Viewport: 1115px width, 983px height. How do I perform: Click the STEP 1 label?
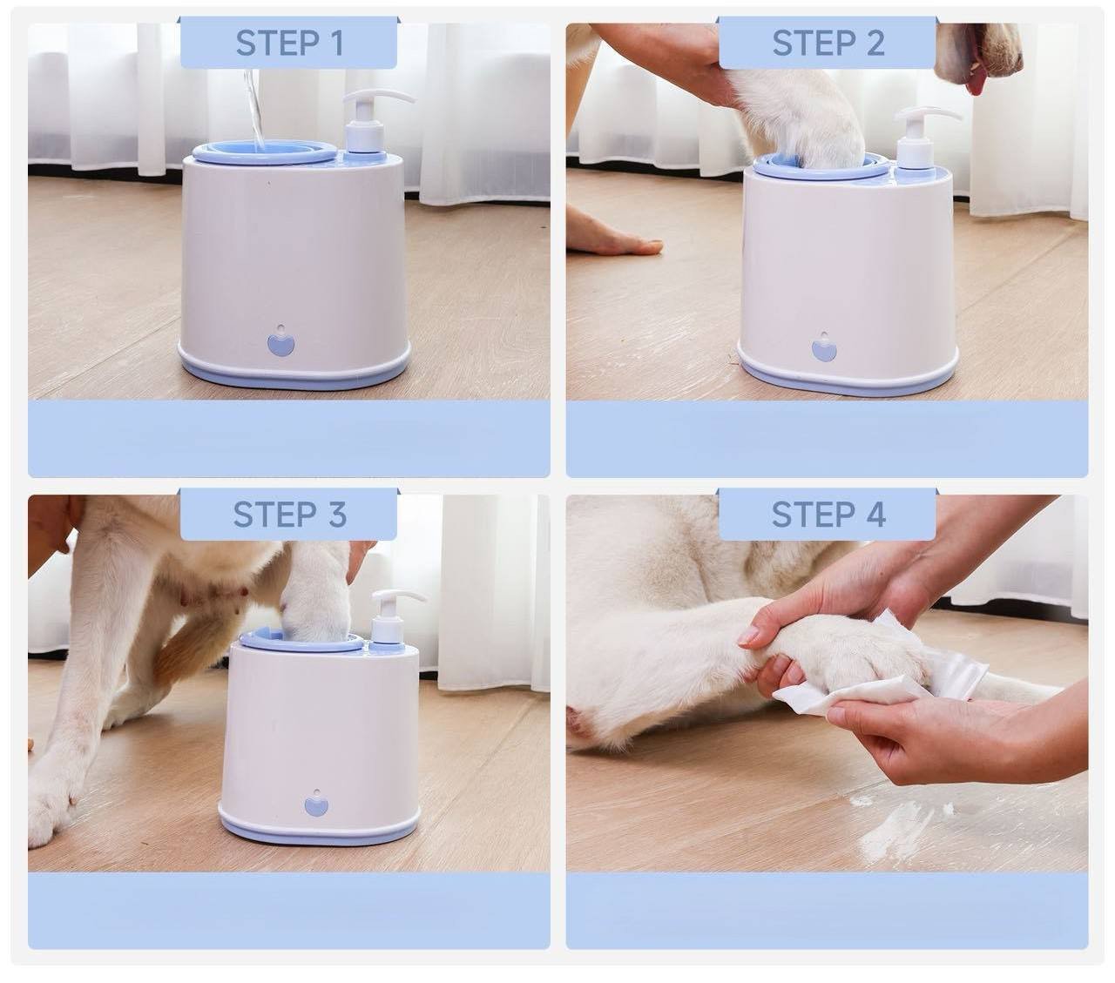tap(289, 43)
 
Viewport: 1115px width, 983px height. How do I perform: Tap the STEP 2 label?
tap(828, 43)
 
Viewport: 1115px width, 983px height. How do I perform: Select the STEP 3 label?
tap(289, 515)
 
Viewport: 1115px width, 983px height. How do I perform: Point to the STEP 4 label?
tap(828, 515)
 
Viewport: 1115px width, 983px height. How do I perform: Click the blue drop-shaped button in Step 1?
tap(281, 340)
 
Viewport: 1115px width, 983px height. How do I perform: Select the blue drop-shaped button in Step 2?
tap(824, 347)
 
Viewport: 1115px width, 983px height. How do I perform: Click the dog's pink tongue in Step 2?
tap(976, 83)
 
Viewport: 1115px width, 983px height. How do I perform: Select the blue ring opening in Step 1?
tap(265, 151)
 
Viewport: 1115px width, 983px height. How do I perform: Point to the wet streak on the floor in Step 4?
tap(902, 825)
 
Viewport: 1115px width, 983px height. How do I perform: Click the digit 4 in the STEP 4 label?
tap(874, 515)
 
